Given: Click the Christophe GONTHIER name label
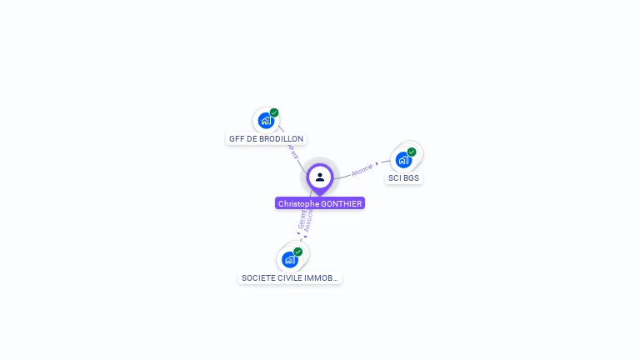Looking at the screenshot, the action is tap(320, 203).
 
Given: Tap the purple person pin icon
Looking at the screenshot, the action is tap(320, 177).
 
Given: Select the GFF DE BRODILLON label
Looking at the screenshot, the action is tap(266, 139).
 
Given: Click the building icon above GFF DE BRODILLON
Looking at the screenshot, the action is tap(265, 121).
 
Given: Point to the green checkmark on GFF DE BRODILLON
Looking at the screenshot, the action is tap(274, 112).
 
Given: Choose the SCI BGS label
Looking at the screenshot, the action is tap(404, 178).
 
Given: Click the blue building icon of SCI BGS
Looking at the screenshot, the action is tap(403, 160).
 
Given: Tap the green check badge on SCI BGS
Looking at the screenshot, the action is tap(412, 152).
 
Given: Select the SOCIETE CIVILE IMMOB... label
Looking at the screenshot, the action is tap(290, 278).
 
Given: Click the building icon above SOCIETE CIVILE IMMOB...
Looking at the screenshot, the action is tap(289, 260).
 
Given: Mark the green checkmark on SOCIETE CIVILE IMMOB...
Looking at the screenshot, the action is tap(297, 252).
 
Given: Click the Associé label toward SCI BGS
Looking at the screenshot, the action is tap(362, 169).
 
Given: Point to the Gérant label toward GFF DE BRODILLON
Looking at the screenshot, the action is tap(292, 153).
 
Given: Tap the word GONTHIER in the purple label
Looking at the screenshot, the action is tap(342, 203).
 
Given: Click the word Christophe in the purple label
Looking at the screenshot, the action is tap(298, 203).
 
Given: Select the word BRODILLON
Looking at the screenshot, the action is tap(282, 139).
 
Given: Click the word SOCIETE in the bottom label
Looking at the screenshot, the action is tap(257, 278).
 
